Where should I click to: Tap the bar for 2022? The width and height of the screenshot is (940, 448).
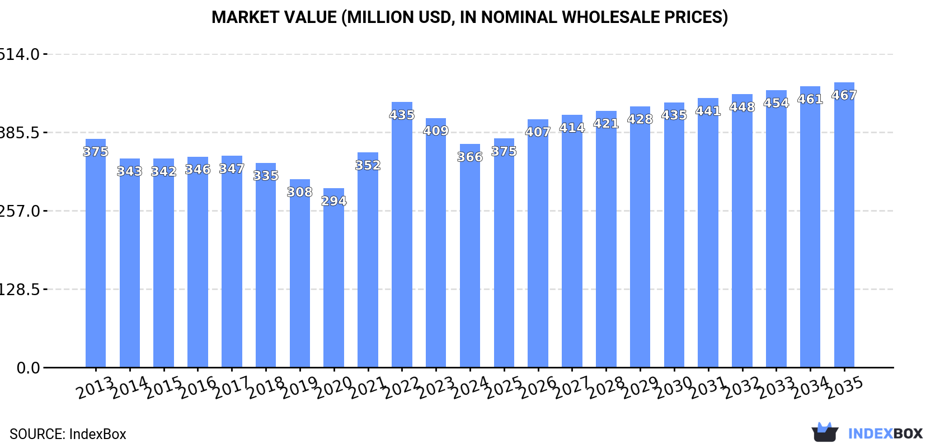[402, 235]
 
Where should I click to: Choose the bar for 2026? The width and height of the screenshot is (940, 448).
[538, 244]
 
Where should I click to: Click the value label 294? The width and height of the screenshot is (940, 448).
[334, 201]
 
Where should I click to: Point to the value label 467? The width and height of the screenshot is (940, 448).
[844, 95]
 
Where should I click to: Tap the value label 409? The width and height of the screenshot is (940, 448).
[436, 131]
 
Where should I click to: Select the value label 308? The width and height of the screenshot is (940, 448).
[300, 192]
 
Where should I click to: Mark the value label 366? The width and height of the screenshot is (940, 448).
[470, 157]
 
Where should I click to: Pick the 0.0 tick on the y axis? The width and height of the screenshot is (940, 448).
[28, 368]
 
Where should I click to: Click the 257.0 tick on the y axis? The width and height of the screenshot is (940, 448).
[20, 211]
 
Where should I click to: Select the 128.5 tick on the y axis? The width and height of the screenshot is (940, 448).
[20, 290]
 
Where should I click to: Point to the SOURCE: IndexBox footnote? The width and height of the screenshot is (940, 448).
[68, 434]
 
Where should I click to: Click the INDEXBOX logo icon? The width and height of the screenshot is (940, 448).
[825, 432]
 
